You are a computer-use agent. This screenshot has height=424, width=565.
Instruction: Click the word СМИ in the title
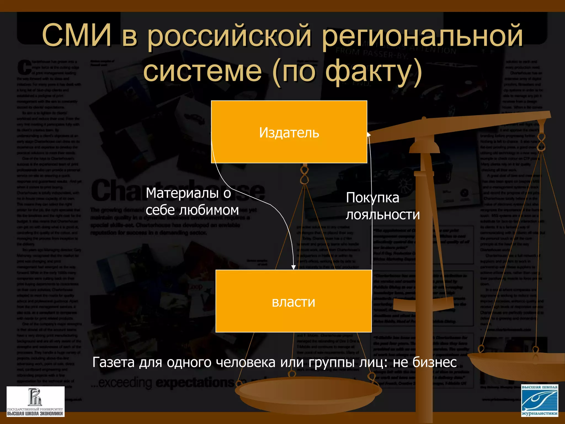77,35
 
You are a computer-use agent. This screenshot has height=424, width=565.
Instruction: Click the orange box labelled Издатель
289,132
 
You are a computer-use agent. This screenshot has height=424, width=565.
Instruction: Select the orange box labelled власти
293,301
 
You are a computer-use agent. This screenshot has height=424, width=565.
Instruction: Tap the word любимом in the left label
209,210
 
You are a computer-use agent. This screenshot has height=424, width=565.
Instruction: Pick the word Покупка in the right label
372,198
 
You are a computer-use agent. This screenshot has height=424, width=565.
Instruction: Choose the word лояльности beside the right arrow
383,215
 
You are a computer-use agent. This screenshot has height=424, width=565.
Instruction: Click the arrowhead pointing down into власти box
294,267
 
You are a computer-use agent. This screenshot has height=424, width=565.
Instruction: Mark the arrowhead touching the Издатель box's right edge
369,134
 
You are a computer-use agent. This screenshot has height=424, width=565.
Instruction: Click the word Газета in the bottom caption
113,362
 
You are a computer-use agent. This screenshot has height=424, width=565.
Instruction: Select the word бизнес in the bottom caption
434,362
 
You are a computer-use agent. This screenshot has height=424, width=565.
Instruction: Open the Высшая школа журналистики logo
540,401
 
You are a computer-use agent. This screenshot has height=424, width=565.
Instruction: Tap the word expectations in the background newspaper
195,383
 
